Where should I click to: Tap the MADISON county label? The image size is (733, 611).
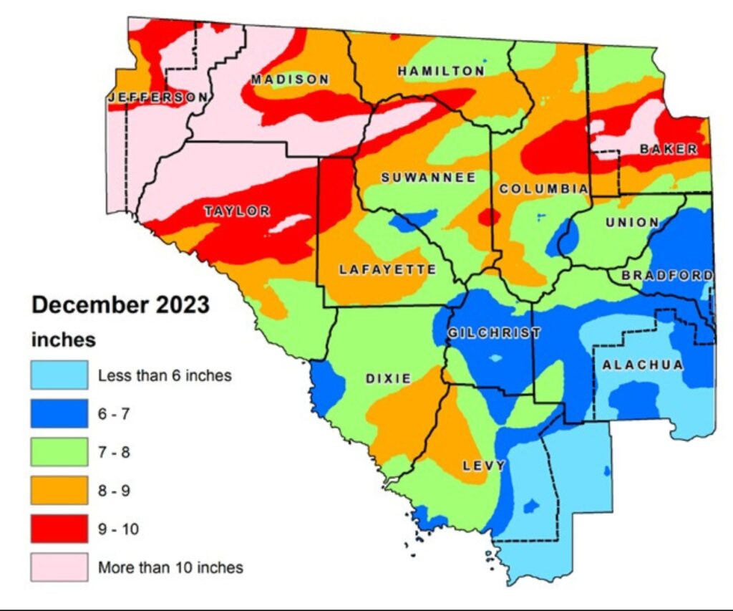tap(290, 80)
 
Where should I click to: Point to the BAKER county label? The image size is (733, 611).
tap(669, 149)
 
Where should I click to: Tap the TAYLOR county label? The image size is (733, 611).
tap(237, 211)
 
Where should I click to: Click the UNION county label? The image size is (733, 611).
tap(632, 222)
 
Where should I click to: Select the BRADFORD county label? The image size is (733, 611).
tap(667, 276)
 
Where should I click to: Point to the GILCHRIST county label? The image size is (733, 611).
tap(494, 333)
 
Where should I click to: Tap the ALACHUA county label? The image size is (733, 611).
tap(643, 365)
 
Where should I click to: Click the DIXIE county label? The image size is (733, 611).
tap(388, 378)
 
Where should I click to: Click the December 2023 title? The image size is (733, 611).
tap(121, 304)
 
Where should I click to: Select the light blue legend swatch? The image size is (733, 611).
tap(59, 375)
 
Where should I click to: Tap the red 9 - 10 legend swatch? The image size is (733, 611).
tap(59, 529)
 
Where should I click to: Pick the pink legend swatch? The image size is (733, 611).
tap(59, 567)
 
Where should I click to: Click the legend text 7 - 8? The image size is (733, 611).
tap(114, 452)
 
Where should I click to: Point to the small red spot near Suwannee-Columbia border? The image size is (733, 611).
tap(490, 216)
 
